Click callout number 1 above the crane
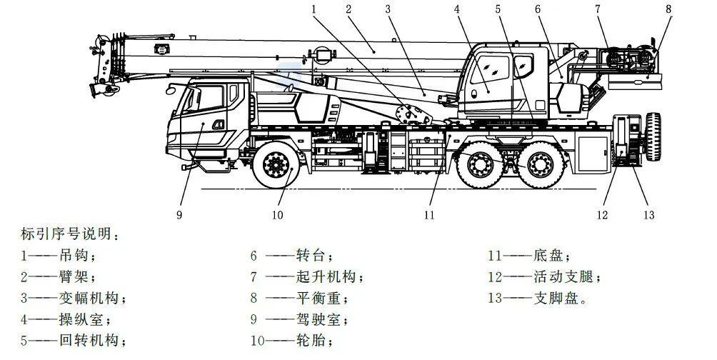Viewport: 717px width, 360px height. [x=314, y=9]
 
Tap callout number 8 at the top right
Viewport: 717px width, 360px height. [x=669, y=9]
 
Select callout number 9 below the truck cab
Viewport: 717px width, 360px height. [x=179, y=214]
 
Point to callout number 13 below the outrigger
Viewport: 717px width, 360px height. [x=649, y=214]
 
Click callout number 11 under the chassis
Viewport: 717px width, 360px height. [x=429, y=214]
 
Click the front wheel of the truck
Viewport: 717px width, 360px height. [x=276, y=165]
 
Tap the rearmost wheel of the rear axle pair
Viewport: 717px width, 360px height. [x=541, y=165]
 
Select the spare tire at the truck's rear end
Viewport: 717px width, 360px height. [x=653, y=136]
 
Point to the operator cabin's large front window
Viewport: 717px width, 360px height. [x=490, y=69]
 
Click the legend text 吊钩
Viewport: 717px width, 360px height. [x=74, y=255]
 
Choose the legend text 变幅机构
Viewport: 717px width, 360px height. [x=89, y=298]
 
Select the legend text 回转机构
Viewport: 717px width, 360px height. [x=89, y=340]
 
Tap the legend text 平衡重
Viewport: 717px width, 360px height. [x=319, y=298]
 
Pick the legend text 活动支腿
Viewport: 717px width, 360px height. [x=563, y=276]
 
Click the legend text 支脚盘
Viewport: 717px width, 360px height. [x=556, y=298]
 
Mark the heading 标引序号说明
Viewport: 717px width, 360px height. [x=66, y=234]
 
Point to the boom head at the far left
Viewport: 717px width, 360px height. [x=104, y=65]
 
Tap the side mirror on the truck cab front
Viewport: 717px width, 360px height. [x=171, y=89]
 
